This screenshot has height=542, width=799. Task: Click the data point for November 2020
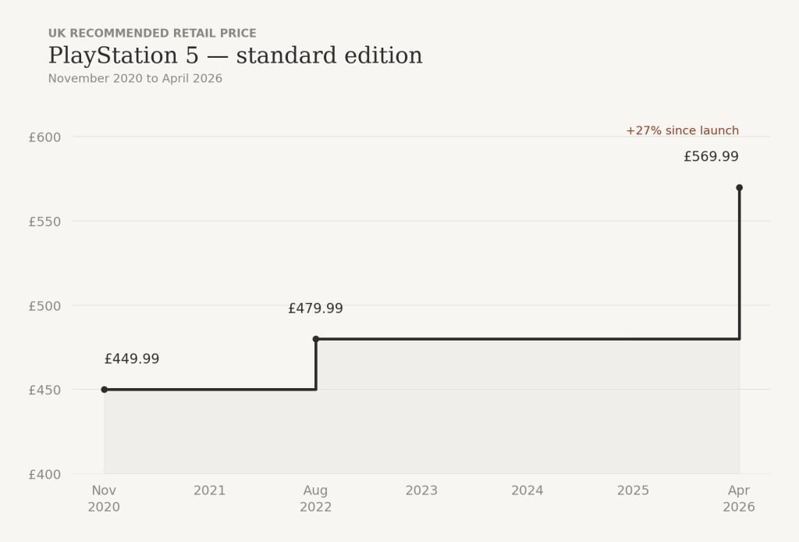(105, 389)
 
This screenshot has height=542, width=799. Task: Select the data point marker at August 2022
(316, 339)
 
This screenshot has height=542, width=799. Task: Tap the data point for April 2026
(739, 187)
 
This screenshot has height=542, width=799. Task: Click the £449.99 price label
(132, 359)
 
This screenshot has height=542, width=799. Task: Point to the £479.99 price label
(315, 308)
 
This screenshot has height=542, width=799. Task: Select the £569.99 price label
(711, 157)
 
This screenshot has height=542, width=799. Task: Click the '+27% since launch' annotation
(682, 130)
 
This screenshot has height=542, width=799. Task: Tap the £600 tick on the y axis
(44, 137)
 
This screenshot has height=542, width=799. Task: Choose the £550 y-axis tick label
(44, 221)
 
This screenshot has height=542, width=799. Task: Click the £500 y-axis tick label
(44, 305)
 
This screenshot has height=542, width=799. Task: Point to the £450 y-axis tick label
(44, 390)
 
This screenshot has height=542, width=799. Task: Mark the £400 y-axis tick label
(44, 474)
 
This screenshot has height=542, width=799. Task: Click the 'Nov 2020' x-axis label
(105, 498)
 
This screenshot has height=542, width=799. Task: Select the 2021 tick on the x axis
(210, 490)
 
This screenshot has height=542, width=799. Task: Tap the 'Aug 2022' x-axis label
(316, 498)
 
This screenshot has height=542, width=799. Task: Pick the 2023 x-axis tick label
(421, 490)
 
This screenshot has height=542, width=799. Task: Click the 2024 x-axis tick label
(527, 490)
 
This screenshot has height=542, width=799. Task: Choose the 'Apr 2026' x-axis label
(739, 498)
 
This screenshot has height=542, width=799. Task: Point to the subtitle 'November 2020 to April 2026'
(135, 79)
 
